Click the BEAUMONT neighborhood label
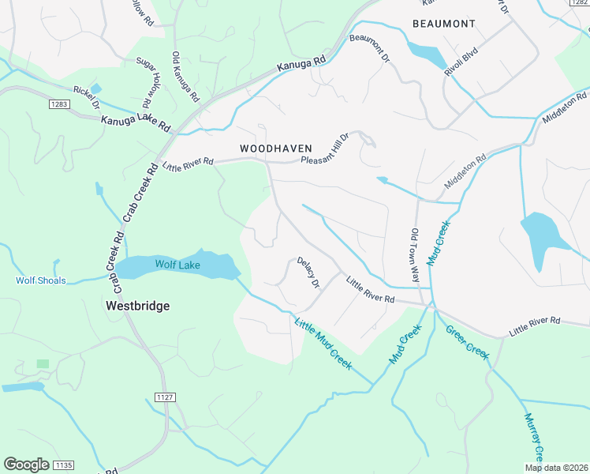pos(443,24)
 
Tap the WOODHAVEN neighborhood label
pos(276,149)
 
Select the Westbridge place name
pos(138,305)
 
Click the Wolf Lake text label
pos(177,265)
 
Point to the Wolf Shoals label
pos(41,280)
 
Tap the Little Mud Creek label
pos(322,343)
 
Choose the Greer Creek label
pos(468,339)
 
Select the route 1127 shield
pos(164,397)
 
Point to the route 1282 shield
pos(579,3)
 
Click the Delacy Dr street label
pos(308,273)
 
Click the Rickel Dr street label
pos(85,97)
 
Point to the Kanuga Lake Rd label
pos(136,124)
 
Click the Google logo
pos(26,465)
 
